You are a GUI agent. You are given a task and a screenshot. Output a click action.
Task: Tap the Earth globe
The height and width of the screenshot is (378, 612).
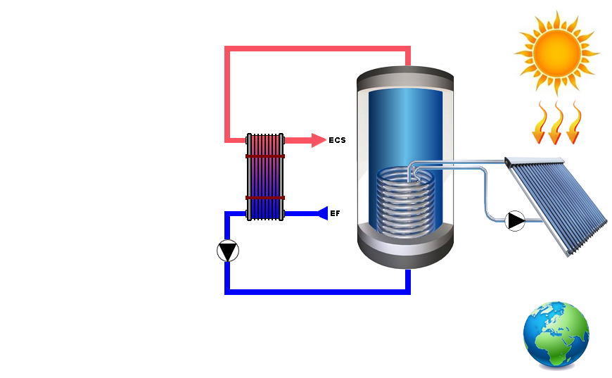coord(556,335)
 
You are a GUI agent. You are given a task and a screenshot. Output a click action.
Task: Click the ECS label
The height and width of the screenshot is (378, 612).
coord(337,140)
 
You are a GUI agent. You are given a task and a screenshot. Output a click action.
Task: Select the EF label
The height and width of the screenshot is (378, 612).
coord(335,213)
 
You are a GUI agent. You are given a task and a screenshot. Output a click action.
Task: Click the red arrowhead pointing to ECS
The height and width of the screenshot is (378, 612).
coord(318,140)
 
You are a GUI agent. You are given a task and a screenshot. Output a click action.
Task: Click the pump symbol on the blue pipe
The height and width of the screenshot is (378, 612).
coord(228,251)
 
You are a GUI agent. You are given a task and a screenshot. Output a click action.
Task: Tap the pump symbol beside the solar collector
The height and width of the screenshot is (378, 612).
coord(516,221)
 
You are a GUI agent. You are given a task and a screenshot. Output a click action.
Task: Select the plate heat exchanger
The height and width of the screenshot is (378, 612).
coord(265,177)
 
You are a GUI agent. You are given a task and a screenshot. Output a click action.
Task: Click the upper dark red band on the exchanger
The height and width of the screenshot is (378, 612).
coord(265,156)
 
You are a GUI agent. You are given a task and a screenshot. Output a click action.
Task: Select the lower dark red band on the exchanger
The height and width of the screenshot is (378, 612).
coord(265,198)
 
